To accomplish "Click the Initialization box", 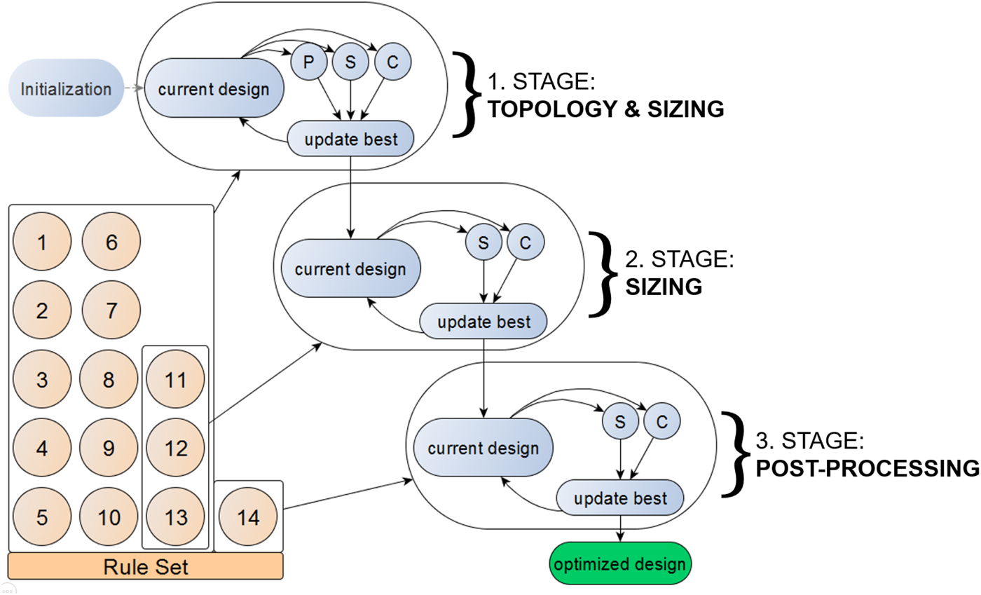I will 66,88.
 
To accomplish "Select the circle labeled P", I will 309,62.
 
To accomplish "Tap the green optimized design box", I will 620,563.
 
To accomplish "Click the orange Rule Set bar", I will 146,566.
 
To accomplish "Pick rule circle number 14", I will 248,518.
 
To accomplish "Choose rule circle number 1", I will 42,243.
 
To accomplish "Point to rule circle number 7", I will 111,310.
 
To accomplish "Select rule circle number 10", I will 110,518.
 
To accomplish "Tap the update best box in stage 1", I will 351,139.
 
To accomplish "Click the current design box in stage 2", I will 350,269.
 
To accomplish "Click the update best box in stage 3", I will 620,500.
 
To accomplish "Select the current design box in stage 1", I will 213,89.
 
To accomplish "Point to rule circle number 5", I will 42,518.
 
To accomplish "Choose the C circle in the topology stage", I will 392,62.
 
